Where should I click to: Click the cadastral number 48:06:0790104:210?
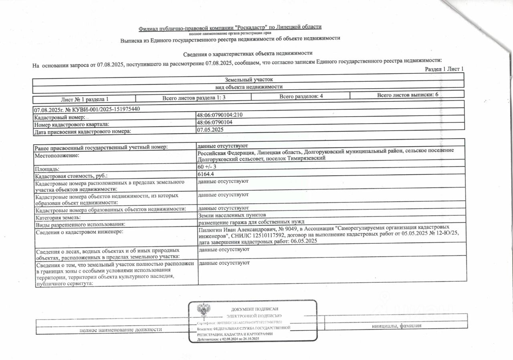[220, 115]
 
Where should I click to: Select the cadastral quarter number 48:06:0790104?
[215, 122]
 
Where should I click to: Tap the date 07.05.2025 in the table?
[210, 129]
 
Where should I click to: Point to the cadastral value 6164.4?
[206, 174]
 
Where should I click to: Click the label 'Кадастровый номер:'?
[60, 117]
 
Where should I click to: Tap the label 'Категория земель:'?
[58, 218]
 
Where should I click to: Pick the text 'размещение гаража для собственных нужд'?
[251, 222]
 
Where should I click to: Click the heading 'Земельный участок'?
[248, 80]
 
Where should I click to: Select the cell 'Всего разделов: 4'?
[301, 96]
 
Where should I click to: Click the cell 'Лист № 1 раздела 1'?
[85, 99]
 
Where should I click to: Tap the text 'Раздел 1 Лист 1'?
[444, 69]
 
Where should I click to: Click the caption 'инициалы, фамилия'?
[396, 326]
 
